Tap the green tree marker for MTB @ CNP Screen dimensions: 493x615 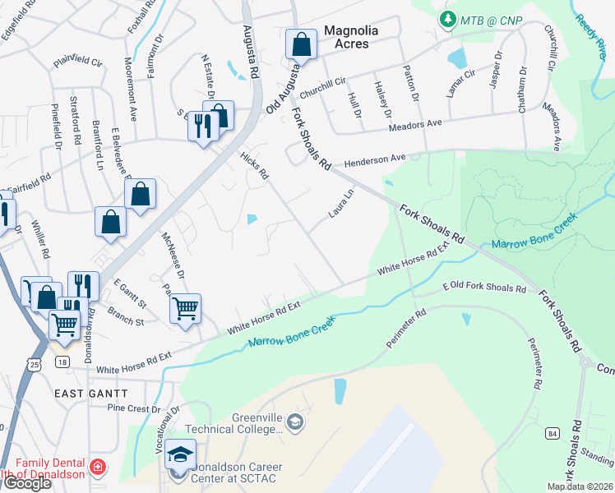(x=448, y=18)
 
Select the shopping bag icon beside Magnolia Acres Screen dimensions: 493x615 (x=302, y=46)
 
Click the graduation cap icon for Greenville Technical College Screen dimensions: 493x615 (x=295, y=422)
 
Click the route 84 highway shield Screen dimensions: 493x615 (x=552, y=431)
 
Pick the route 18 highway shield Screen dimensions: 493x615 (x=62, y=362)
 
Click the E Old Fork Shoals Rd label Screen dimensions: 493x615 (x=483, y=288)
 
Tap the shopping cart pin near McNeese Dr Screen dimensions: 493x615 (x=186, y=310)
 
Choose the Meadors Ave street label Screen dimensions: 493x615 (x=415, y=123)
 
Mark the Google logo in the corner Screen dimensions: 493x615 (x=26, y=483)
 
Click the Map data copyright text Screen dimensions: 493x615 (x=580, y=486)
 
